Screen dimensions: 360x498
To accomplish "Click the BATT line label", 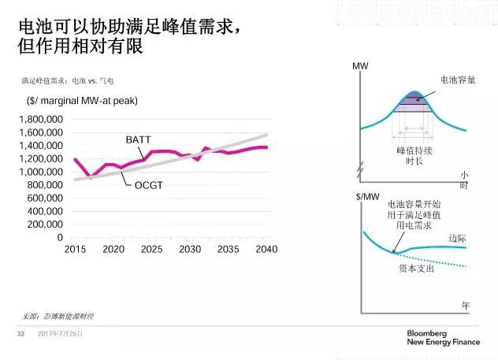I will [x=139, y=140].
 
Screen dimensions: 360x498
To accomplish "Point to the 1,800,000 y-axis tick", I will [x=39, y=119].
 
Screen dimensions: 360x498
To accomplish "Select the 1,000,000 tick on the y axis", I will [x=39, y=172].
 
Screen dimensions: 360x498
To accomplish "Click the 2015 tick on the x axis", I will [x=76, y=249].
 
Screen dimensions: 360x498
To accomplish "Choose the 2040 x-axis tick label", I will [x=267, y=249].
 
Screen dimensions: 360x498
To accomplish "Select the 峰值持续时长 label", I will [x=409, y=154].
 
